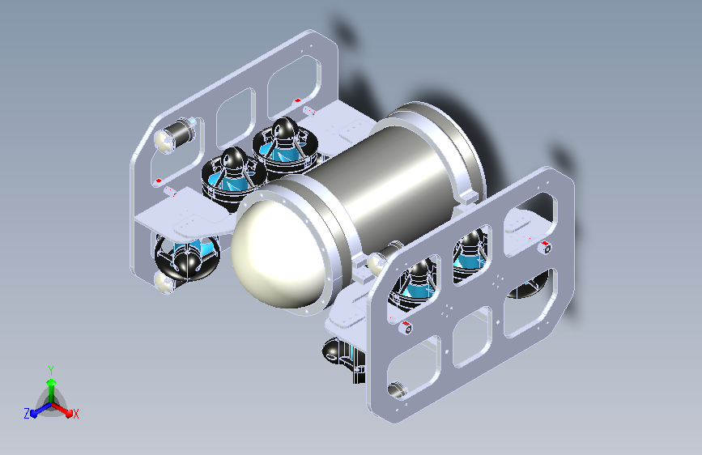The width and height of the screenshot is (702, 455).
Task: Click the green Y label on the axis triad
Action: [51, 370]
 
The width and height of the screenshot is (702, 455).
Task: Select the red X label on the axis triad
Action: [75, 414]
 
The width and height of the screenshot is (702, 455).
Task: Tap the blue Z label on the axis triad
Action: [27, 414]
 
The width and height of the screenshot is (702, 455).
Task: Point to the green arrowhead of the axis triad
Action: [51, 382]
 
